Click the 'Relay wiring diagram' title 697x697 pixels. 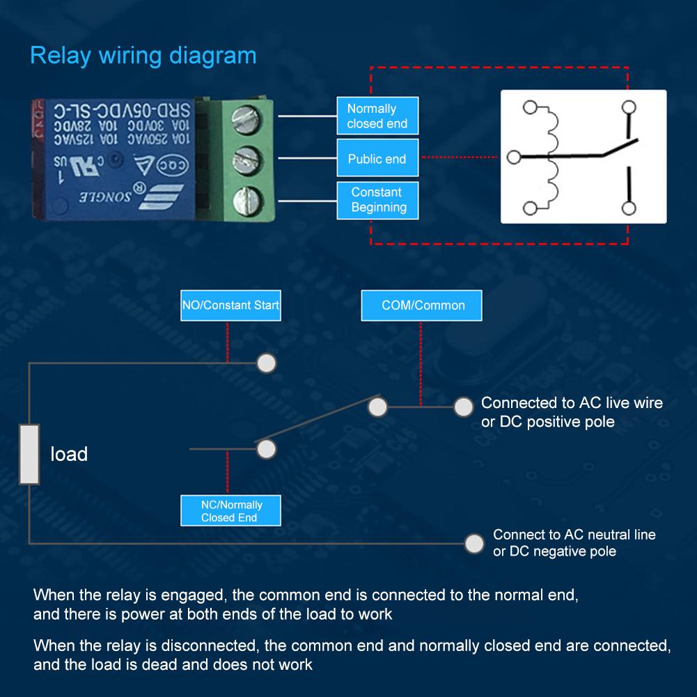pyautogui.click(x=143, y=56)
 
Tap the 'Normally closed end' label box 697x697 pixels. pyautogui.click(x=377, y=116)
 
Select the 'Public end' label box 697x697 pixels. pyautogui.click(x=377, y=159)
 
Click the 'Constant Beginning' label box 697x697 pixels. pyautogui.click(x=377, y=200)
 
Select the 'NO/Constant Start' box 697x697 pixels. pyautogui.click(x=230, y=305)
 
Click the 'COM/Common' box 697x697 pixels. pyautogui.click(x=421, y=305)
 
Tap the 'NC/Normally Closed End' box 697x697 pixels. pyautogui.click(x=230, y=511)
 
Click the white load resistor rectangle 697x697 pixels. pyautogui.click(x=29, y=454)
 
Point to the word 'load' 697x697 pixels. pyautogui.click(x=69, y=455)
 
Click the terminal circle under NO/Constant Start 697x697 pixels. pyautogui.click(x=267, y=363)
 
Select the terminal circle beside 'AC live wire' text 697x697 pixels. pyautogui.click(x=462, y=407)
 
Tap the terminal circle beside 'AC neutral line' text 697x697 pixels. pyautogui.click(x=474, y=542)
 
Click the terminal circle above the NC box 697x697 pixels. pyautogui.click(x=267, y=449)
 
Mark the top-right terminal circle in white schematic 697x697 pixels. pyautogui.click(x=629, y=107)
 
